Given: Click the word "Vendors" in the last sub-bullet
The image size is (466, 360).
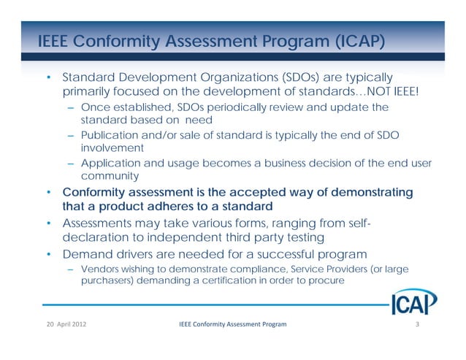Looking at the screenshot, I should pyautogui.click(x=100, y=269).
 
